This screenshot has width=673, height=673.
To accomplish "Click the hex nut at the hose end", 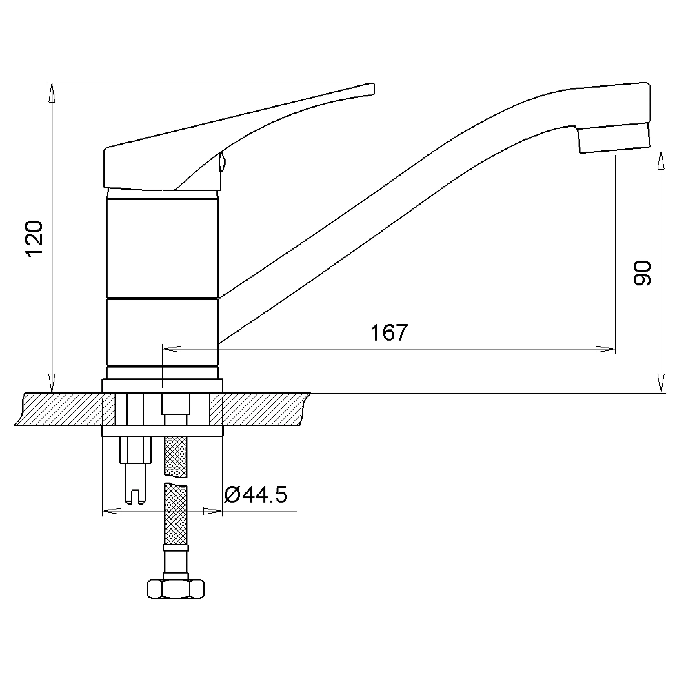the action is point(176,590).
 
